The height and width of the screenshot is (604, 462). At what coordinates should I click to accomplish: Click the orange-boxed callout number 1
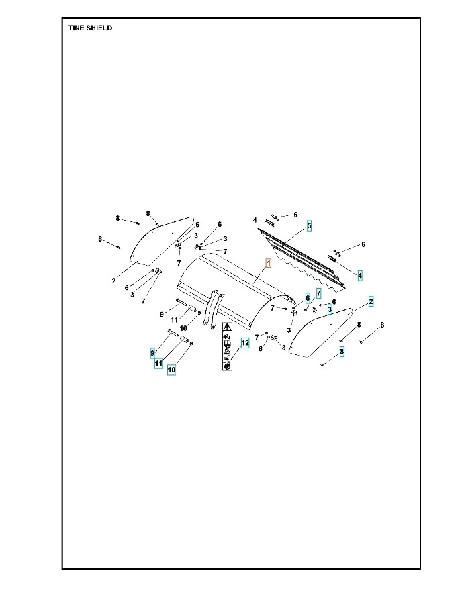pyautogui.click(x=268, y=264)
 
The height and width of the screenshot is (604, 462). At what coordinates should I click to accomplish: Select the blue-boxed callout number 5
pyautogui.click(x=309, y=225)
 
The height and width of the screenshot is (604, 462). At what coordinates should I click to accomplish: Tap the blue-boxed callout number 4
pyautogui.click(x=360, y=275)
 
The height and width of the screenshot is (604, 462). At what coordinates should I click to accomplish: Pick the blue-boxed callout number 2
pyautogui.click(x=371, y=301)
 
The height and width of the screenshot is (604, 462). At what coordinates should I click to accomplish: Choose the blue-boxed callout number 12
pyautogui.click(x=245, y=342)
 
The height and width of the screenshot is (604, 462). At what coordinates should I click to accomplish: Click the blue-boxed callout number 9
pyautogui.click(x=152, y=352)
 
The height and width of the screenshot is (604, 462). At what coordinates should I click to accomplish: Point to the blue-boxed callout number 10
pyautogui.click(x=171, y=369)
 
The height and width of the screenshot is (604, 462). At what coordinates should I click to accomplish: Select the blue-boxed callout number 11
pyautogui.click(x=158, y=363)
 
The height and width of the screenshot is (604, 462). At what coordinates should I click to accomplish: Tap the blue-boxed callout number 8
pyautogui.click(x=342, y=351)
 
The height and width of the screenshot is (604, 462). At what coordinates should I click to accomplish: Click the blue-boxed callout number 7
pyautogui.click(x=319, y=294)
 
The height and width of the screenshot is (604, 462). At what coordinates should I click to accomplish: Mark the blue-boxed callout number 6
pyautogui.click(x=308, y=298)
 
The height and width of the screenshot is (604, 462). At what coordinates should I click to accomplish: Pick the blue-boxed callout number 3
pyautogui.click(x=330, y=309)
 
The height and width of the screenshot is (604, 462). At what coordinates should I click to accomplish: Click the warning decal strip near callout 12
pyautogui.click(x=228, y=346)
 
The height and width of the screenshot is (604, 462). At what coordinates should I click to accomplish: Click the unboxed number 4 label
pyautogui.click(x=255, y=220)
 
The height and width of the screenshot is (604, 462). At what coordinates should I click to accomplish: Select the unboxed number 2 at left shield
pyautogui.click(x=113, y=281)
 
